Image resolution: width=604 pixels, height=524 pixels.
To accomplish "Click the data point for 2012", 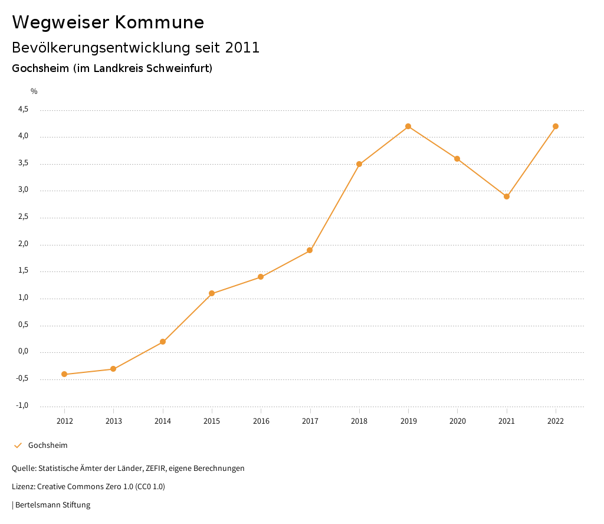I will pos(64,374).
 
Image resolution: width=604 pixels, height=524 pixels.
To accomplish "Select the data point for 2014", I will pos(163,342).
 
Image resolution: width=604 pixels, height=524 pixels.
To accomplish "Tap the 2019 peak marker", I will pos(408,126).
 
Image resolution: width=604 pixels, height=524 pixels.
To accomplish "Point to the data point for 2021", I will pos(507,196).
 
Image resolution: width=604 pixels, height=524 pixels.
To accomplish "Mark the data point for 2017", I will pos(310,250).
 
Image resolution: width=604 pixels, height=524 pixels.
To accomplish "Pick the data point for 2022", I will pos(556,126).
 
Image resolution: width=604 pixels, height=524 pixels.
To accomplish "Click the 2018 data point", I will pos(359,164).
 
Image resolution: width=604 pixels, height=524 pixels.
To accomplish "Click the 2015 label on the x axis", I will pos(212,421).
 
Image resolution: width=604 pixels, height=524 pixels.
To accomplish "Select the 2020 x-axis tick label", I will pos(458,421).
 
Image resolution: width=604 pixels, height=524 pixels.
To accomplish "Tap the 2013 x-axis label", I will pos(114,421).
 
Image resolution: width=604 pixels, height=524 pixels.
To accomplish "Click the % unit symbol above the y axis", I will pos(34,91).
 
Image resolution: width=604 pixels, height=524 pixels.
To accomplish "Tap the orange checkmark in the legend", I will pos(18,445).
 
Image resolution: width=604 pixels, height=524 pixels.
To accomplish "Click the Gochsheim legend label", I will pos(48,445).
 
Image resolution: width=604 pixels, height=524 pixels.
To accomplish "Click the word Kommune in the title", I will pos(159,22).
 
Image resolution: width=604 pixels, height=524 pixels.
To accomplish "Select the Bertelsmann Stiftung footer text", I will pos(52,505).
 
